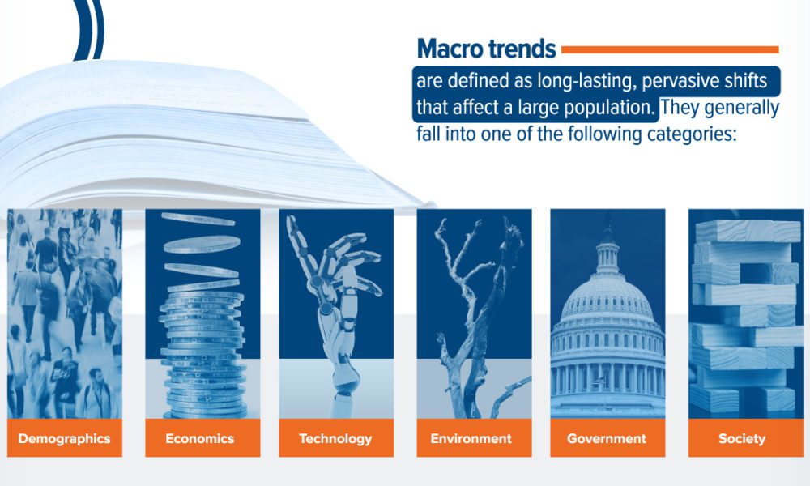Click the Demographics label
[64, 438]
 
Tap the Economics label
[200, 438]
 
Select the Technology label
[336, 438]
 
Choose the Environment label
[471, 438]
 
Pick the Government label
[607, 438]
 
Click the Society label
[742, 438]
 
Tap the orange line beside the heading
[670, 49]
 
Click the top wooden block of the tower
[748, 231]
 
